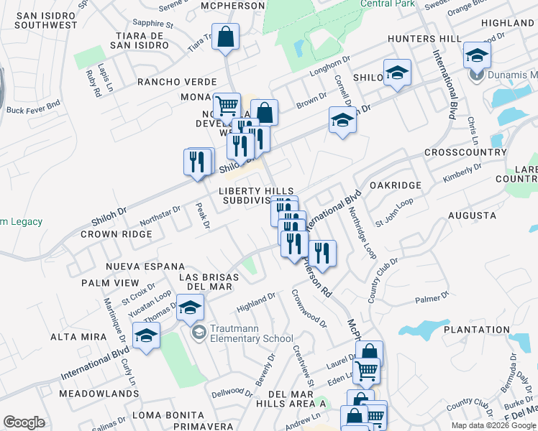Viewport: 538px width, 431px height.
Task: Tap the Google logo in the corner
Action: pyautogui.click(x=24, y=422)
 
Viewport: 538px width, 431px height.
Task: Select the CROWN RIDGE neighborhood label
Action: pyautogui.click(x=117, y=234)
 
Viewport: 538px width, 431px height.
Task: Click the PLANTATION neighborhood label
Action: pyautogui.click(x=476, y=330)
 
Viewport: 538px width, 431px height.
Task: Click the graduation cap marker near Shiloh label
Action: pyautogui.click(x=396, y=73)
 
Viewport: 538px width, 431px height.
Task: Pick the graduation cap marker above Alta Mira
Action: pyautogui.click(x=146, y=335)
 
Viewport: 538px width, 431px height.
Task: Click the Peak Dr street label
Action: pyautogui.click(x=203, y=215)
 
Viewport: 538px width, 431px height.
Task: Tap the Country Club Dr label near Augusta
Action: pyautogui.click(x=386, y=280)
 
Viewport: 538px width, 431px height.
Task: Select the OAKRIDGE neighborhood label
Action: pyautogui.click(x=395, y=185)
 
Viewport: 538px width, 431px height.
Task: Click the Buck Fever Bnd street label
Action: pyautogui.click(x=33, y=111)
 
